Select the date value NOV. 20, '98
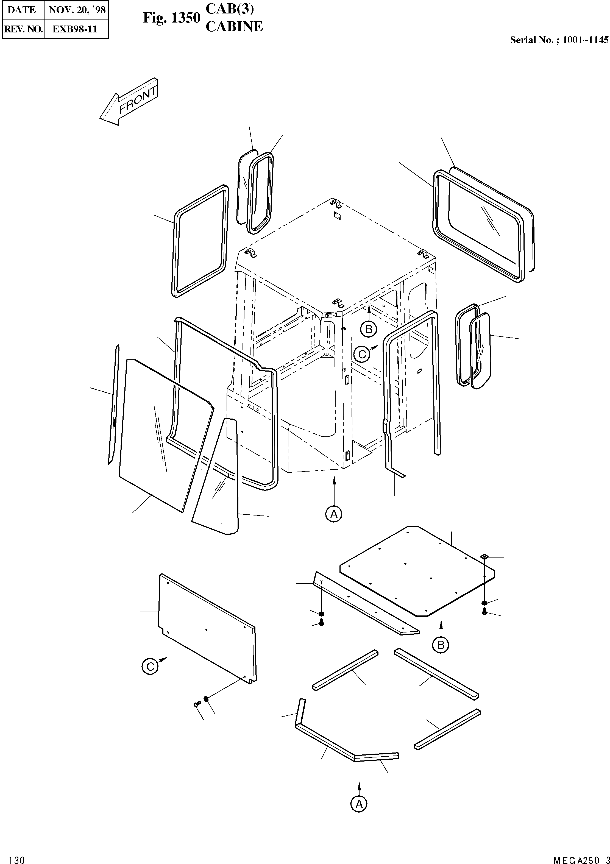click(x=77, y=10)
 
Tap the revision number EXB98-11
click(x=75, y=29)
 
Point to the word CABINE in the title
click(x=234, y=27)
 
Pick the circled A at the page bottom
click(x=359, y=804)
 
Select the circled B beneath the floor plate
click(x=441, y=645)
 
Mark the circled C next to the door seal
click(x=362, y=354)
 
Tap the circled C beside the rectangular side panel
click(x=151, y=667)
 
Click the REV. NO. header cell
click(x=23, y=29)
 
